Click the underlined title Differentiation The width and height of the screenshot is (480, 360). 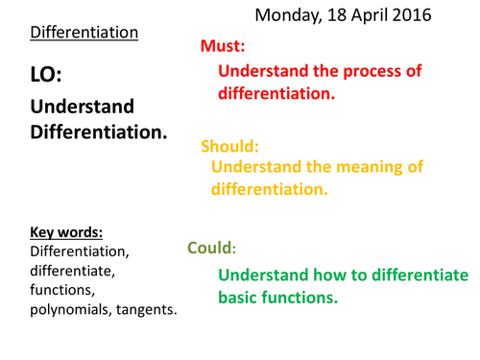click(84, 33)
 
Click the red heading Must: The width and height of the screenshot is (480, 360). click(223, 46)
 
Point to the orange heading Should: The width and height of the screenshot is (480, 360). click(231, 146)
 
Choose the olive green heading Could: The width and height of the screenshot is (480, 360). click(211, 247)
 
